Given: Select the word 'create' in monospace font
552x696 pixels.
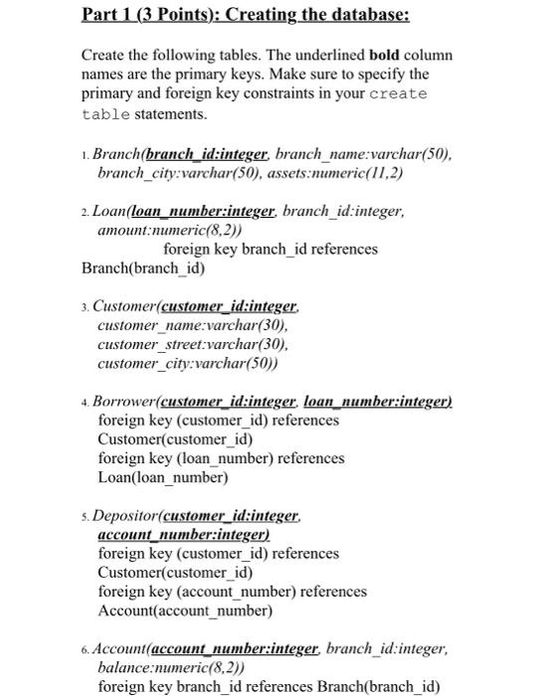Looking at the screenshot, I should [x=397, y=94].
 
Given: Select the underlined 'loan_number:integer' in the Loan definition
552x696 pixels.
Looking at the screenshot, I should [x=204, y=211].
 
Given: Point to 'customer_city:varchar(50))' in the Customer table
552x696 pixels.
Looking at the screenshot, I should [x=187, y=363].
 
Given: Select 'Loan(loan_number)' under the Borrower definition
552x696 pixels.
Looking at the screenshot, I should [x=162, y=477].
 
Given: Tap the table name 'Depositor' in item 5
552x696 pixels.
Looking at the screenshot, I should [x=125, y=516].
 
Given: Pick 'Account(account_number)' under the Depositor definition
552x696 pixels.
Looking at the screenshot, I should [x=184, y=610].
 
